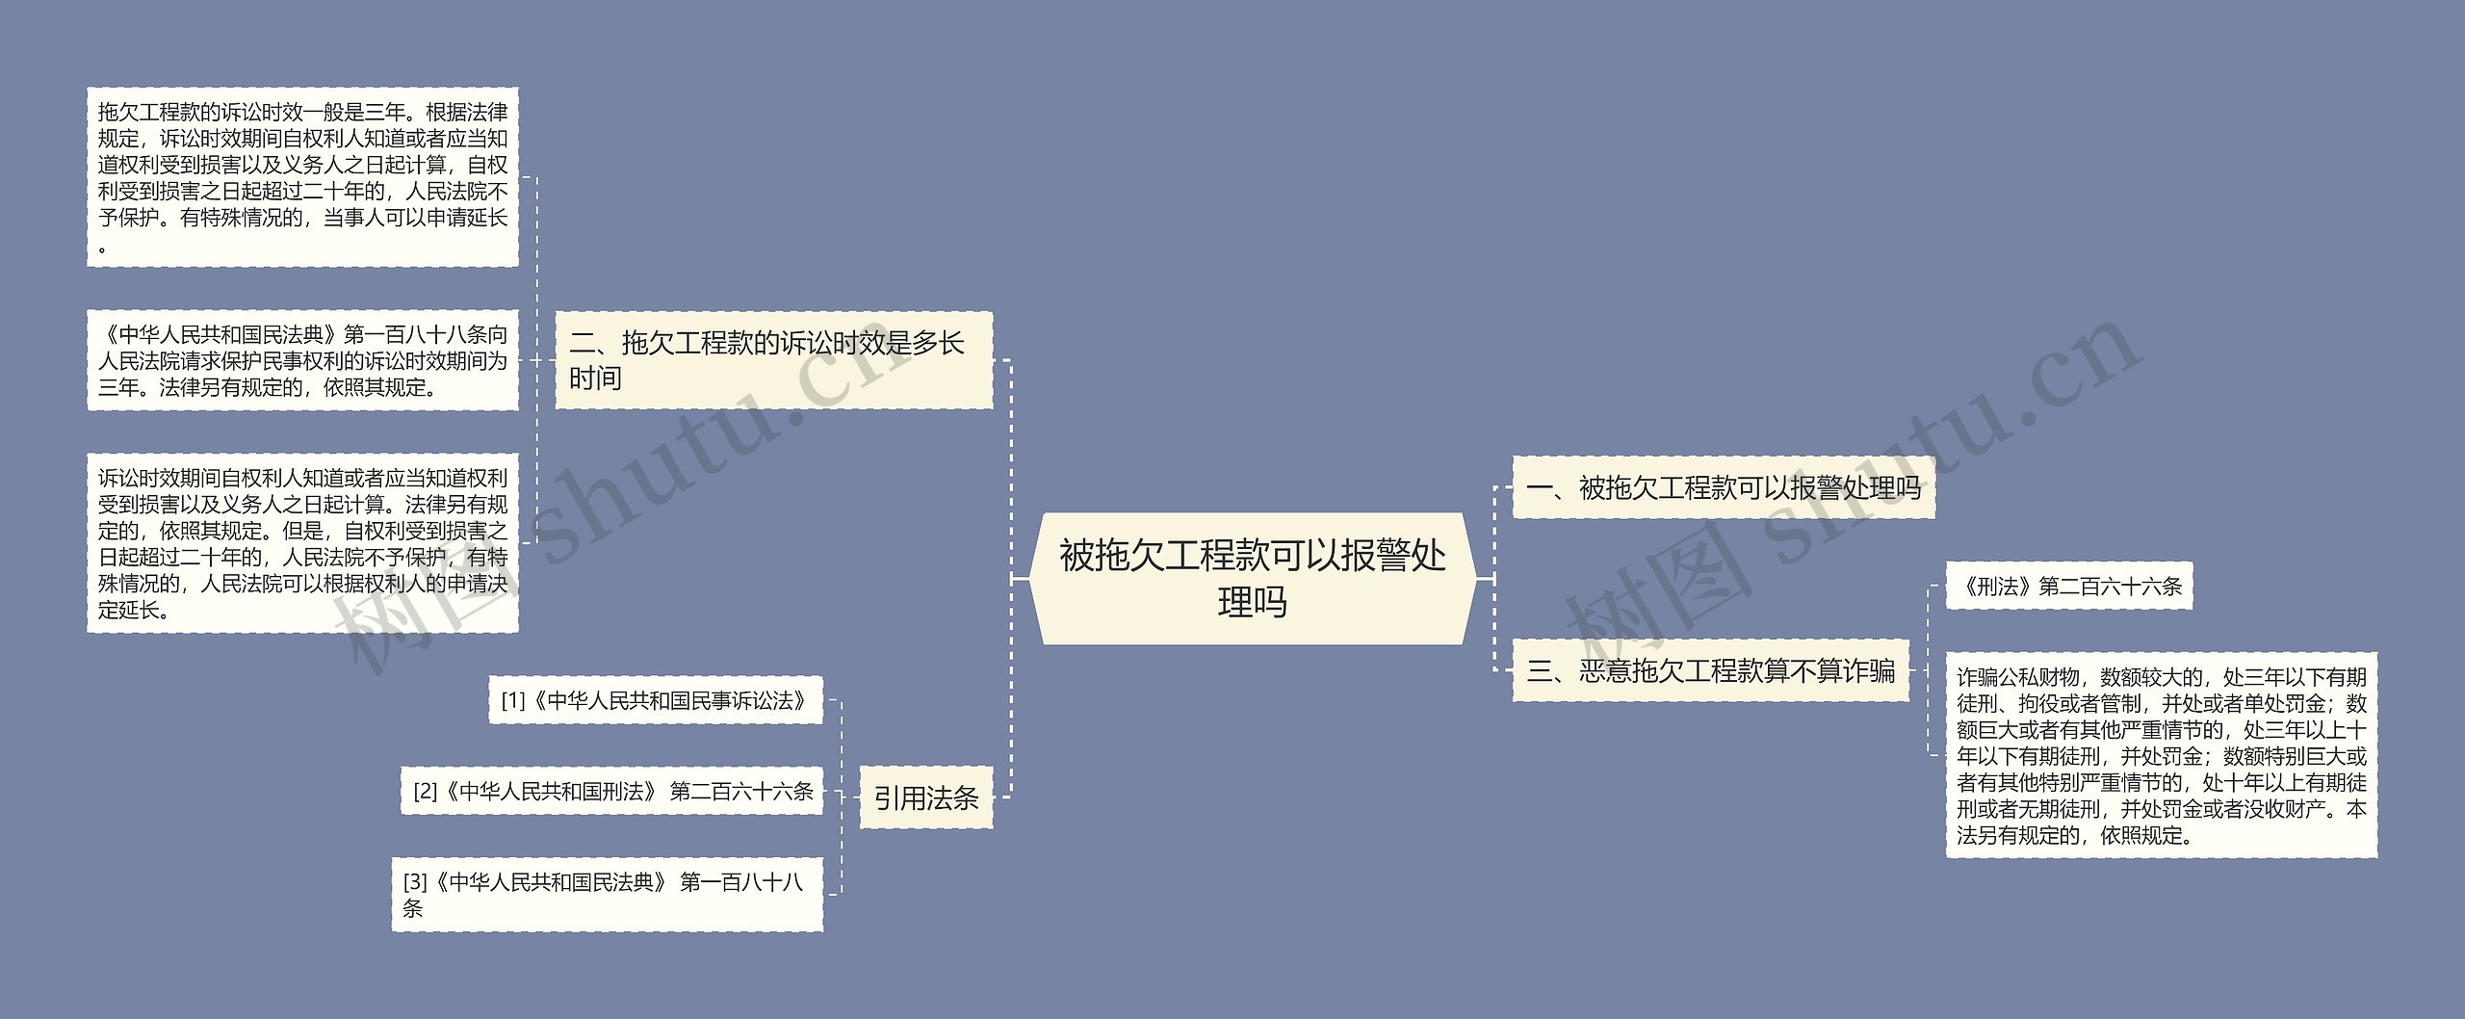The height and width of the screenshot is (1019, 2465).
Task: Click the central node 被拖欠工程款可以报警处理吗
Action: [x=1252, y=578]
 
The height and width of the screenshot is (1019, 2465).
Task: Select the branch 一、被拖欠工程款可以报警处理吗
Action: [x=1723, y=488]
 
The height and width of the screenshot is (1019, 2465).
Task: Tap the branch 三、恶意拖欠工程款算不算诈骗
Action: [x=1710, y=670]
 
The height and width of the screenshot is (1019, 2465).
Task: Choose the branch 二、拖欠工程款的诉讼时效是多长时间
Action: [x=773, y=360]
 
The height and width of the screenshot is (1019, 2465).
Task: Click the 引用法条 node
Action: [x=925, y=797]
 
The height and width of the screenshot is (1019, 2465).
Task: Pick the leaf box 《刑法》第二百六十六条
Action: [x=2068, y=586]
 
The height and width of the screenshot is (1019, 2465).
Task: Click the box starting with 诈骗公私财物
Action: [x=2161, y=755]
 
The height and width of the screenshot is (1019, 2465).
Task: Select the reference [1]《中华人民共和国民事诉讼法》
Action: [x=655, y=700]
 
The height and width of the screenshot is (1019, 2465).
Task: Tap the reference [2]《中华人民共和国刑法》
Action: [x=612, y=792]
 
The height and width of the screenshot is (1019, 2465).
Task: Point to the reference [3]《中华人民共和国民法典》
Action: [x=607, y=895]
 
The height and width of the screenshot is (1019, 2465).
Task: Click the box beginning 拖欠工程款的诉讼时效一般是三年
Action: [x=302, y=177]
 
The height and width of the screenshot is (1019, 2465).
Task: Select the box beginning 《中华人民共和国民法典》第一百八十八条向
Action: [x=302, y=360]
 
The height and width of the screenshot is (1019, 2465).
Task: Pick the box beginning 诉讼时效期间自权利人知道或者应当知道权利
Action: [x=302, y=543]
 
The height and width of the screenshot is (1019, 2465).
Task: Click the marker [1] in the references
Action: [x=513, y=701]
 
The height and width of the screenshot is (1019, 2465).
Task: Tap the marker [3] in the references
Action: [x=415, y=882]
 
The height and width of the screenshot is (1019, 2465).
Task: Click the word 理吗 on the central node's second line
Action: [x=1252, y=603]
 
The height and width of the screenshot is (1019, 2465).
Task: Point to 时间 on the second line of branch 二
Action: [x=595, y=379]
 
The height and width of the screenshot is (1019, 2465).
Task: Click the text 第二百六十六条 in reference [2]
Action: [x=741, y=792]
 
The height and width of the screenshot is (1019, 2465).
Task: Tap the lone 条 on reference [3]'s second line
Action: [x=413, y=908]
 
